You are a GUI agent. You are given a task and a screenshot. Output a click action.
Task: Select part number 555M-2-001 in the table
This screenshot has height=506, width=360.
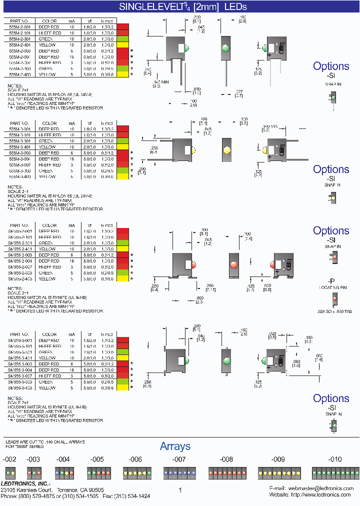click(20, 26)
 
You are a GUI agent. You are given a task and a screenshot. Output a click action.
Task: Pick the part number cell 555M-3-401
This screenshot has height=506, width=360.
click(20, 147)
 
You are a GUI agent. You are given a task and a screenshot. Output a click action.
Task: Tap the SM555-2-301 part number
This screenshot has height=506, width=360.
click(20, 243)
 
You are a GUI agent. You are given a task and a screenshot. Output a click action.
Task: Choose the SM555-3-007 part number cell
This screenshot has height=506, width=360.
click(20, 375)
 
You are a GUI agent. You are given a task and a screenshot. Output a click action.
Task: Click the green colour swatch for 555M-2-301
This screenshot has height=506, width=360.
click(122, 38)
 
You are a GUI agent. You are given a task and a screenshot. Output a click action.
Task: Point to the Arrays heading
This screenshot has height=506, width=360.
click(175, 446)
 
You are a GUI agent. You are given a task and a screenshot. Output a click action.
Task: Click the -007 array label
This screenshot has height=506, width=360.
click(179, 459)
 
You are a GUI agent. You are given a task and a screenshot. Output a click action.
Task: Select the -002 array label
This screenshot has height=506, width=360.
click(10, 459)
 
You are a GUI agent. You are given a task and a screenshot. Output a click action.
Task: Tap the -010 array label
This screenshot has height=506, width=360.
click(335, 459)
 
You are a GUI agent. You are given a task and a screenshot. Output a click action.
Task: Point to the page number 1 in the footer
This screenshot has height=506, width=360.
click(180, 490)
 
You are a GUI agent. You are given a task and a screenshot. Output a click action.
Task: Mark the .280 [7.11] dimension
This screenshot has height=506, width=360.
click(210, 287)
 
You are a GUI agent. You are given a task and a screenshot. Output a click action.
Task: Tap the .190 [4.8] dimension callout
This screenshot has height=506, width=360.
click(308, 339)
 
